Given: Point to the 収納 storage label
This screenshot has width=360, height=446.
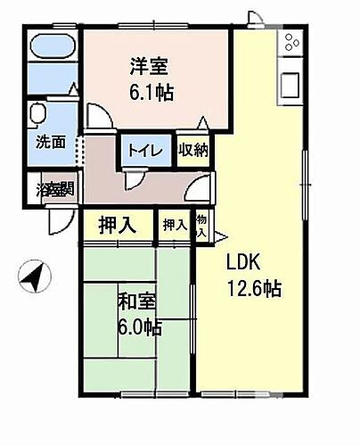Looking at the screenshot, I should click(192, 151).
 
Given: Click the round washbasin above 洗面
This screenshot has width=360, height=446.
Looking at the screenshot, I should click(38, 114).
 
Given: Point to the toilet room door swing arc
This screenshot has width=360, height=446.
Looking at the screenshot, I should click(134, 178).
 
